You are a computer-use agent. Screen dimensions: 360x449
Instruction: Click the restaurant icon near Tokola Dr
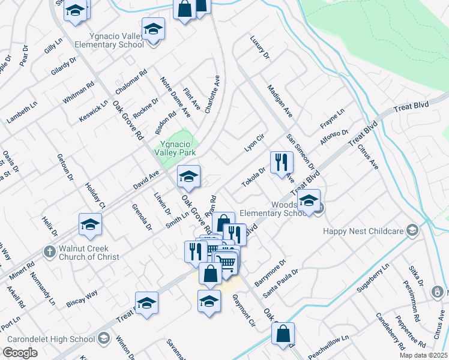pos(281,161)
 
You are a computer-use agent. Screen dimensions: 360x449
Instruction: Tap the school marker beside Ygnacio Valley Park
pos(188,176)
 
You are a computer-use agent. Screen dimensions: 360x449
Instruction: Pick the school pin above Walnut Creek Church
pos(91,224)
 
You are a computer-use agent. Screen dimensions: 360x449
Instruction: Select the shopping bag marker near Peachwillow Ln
pos(283,334)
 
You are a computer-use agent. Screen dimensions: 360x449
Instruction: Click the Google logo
pos(20,353)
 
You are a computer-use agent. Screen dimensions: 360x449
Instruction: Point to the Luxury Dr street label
pos(261,47)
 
